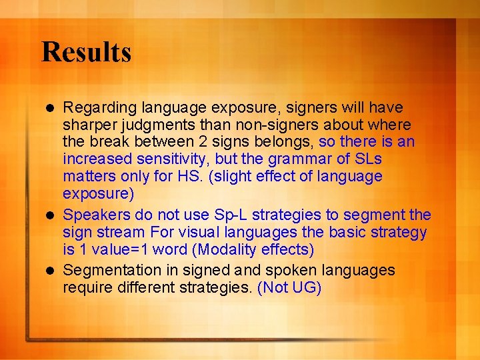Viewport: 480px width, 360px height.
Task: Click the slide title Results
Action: (86, 52)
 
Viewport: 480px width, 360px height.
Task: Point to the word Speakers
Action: (95, 215)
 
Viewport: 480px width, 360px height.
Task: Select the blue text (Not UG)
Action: (289, 287)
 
